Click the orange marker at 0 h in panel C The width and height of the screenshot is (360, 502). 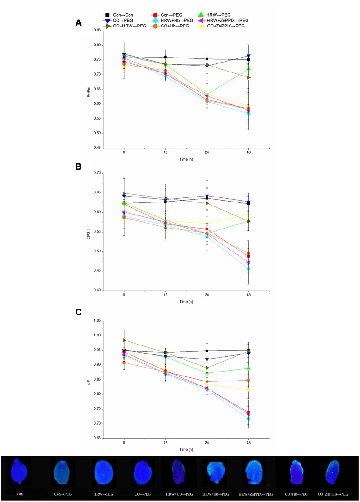(x=124, y=363)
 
